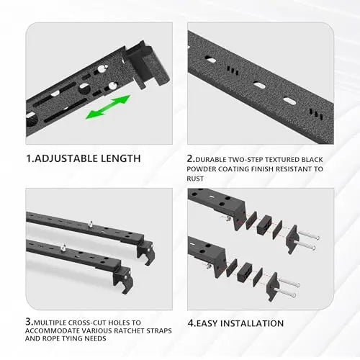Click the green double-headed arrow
[108, 107]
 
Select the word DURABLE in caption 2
[216, 158]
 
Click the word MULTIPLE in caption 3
[55, 323]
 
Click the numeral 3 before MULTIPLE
[29, 323]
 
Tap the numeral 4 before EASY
[191, 323]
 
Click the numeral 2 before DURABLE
[191, 158]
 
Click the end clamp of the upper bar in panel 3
[147, 246]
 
